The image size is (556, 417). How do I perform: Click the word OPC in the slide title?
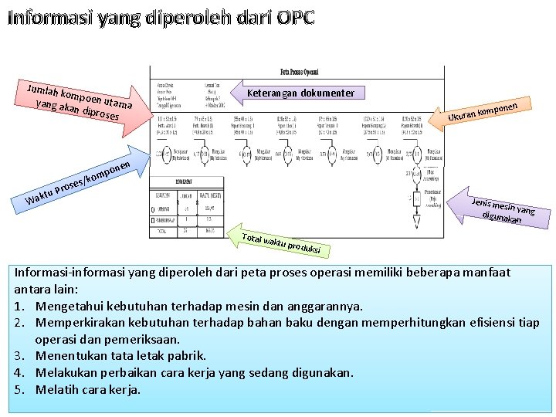(295, 18)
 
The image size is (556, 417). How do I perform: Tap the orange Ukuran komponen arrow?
(482, 111)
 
